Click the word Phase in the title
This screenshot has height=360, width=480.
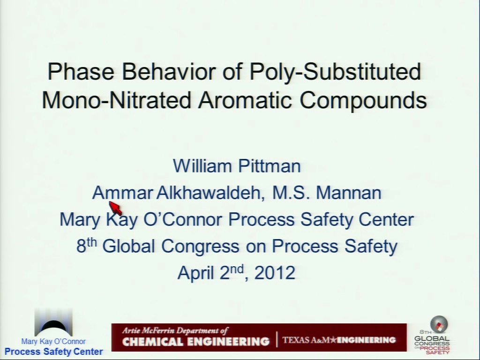(x=81, y=71)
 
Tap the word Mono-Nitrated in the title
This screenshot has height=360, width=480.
(x=116, y=100)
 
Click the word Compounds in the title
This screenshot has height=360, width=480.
(x=363, y=101)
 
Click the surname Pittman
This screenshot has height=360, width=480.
(x=270, y=165)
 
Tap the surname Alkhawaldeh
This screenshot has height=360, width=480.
(x=210, y=193)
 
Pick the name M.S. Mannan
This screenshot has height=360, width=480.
(x=327, y=193)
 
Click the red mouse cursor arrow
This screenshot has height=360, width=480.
(x=115, y=208)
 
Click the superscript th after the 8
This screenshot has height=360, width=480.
(x=91, y=242)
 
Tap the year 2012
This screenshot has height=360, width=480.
(x=275, y=273)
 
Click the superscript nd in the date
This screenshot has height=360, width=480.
(x=237, y=270)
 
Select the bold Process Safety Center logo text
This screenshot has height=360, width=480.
(x=53, y=352)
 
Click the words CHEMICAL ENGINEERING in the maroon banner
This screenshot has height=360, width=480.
(x=196, y=341)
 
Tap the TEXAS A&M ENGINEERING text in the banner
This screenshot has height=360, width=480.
(x=339, y=340)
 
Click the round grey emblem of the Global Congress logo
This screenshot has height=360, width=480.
(x=439, y=324)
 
